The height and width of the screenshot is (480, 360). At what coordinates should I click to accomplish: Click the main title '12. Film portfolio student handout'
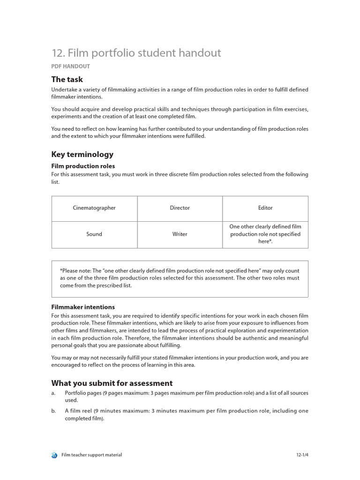136,53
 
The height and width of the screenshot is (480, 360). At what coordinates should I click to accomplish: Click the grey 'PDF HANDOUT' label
70,67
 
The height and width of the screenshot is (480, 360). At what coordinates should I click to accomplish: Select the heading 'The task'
67,79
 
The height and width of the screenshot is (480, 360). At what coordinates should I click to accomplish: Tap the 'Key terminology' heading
82,154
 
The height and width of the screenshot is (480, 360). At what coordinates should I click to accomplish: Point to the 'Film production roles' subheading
82,166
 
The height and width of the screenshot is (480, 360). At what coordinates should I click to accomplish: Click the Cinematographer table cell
94,208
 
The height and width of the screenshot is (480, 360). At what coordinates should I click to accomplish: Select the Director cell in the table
180,208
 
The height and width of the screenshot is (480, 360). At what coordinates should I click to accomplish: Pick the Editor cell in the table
265,208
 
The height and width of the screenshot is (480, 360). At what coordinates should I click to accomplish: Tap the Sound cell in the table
94,234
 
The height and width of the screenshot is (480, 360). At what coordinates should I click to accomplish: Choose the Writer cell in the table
180,234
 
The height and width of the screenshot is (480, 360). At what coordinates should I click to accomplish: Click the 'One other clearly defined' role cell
265,234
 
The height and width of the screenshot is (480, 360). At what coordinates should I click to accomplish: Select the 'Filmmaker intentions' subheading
82,307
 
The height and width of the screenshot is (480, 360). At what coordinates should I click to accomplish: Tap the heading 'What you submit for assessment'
112,383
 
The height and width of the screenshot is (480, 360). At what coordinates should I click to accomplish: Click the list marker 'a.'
53,393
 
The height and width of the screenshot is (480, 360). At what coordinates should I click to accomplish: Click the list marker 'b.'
53,411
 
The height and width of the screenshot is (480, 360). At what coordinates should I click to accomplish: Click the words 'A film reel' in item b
78,411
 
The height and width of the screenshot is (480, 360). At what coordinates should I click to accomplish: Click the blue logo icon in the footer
54,455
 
